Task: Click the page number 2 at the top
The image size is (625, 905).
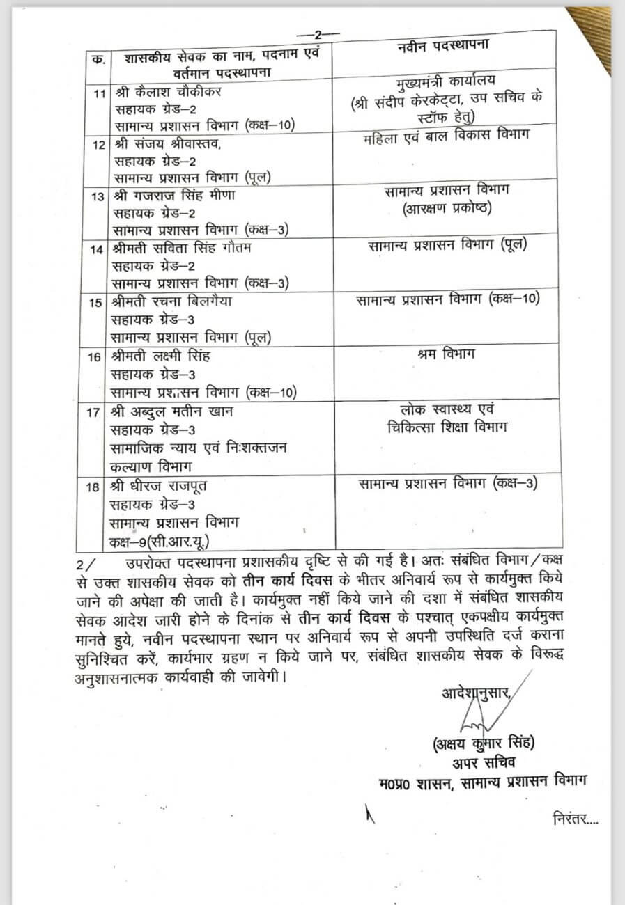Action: click(318, 34)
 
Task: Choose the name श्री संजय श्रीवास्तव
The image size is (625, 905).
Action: click(165, 145)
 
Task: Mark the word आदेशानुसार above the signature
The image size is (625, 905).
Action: click(477, 694)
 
